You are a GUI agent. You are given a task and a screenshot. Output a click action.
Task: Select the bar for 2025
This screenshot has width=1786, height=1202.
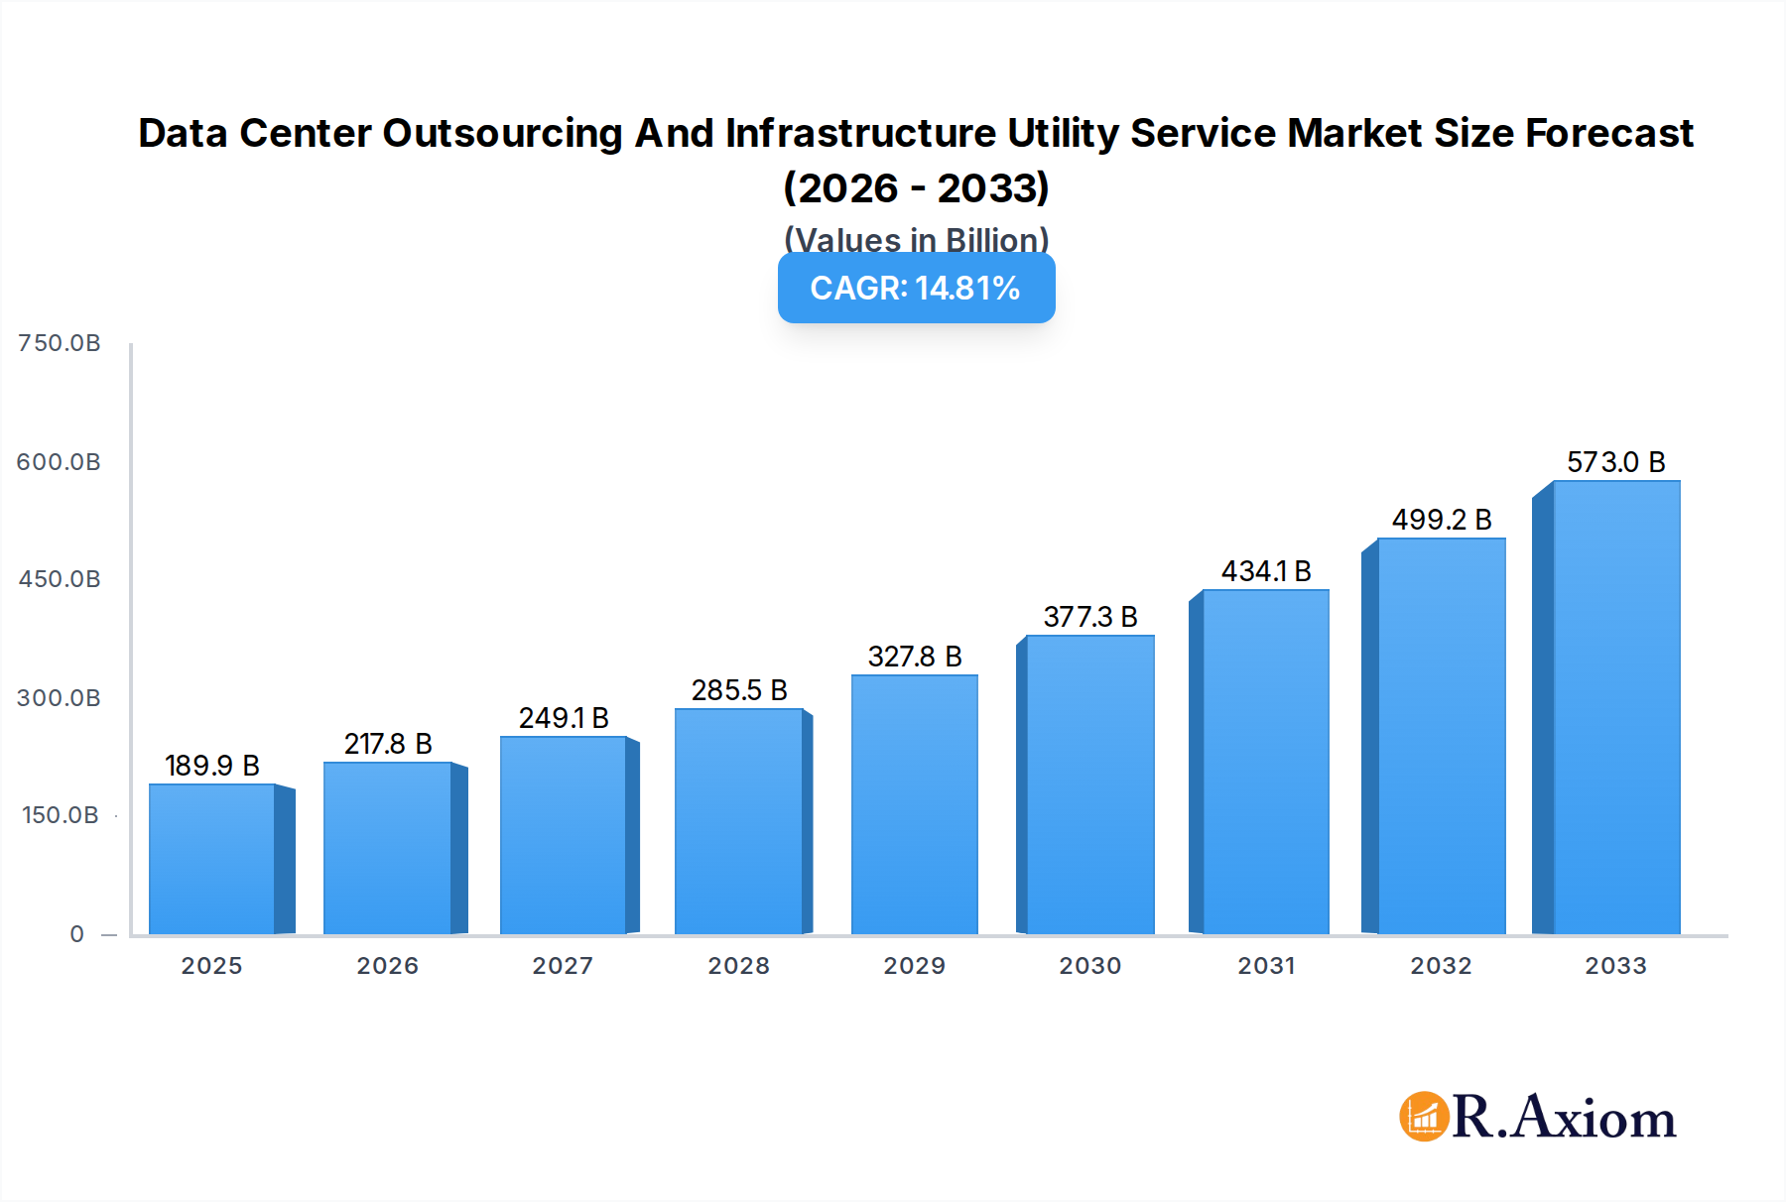pos(211,859)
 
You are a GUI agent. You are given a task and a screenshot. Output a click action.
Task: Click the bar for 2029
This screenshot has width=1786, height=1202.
pos(914,804)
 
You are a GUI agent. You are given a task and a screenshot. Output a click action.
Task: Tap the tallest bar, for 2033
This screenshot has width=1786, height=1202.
pos(1616,707)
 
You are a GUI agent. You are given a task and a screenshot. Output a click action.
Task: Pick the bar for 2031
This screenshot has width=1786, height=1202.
pos(1265,762)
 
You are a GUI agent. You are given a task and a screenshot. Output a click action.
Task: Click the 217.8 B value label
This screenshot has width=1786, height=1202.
pos(388,744)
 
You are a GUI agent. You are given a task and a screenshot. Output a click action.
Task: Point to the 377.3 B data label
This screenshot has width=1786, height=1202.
pos(1090,617)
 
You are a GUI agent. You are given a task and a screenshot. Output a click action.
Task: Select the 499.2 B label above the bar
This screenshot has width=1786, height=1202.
pos(1442,520)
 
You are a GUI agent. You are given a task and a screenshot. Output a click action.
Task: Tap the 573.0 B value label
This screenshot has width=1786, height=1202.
pos(1616,462)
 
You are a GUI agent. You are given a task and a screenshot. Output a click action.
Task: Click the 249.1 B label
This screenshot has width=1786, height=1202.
pos(564,718)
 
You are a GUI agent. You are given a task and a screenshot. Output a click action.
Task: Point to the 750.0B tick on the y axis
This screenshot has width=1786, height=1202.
pos(60,343)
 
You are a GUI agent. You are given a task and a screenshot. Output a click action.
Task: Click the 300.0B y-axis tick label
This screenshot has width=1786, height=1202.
pos(60,698)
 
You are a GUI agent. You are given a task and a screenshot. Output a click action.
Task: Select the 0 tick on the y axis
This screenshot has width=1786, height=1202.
pos(77,934)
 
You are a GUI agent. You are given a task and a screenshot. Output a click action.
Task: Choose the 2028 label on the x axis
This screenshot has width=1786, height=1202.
pos(738,966)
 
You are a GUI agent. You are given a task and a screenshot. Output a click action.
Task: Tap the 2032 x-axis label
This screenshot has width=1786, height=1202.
pos(1441,966)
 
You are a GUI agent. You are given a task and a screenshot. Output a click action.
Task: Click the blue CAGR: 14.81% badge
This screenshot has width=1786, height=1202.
pos(916,289)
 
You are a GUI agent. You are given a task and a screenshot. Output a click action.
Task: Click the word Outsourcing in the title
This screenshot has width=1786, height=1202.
pos(502,133)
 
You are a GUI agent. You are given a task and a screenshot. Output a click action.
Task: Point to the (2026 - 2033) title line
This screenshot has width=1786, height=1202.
pos(916,187)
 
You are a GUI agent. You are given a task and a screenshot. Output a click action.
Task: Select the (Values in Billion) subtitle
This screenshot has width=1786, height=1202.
pos(916,239)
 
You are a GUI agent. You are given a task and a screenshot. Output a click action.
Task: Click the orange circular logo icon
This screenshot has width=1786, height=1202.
pos(1425,1117)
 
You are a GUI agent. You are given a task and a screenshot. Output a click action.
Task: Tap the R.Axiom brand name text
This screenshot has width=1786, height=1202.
pos(1565,1118)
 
